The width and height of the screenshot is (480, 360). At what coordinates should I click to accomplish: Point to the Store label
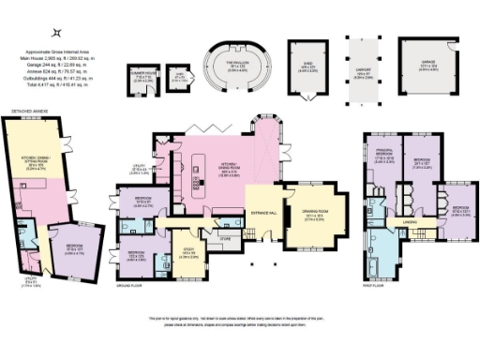pyautogui.click(x=224, y=240)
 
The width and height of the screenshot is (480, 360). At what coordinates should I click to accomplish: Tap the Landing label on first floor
pyautogui.click(x=410, y=222)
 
